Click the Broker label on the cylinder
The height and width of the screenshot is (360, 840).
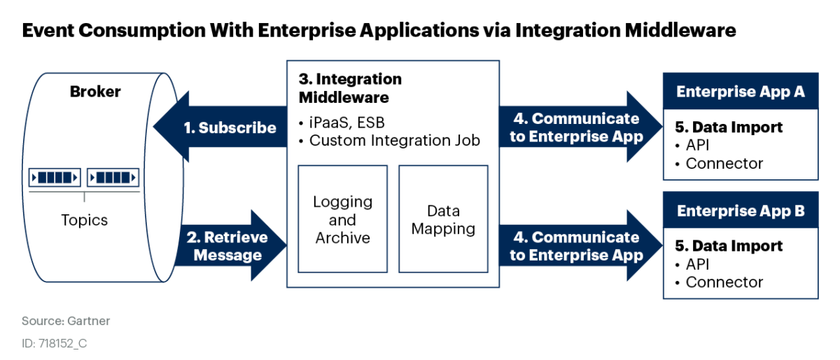tap(95, 92)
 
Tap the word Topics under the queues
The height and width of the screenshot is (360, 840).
tap(84, 220)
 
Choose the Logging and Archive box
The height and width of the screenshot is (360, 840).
tap(342, 219)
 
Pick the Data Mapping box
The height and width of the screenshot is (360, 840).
tap(443, 219)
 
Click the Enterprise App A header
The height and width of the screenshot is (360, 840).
tap(740, 92)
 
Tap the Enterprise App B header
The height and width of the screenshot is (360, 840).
tap(740, 211)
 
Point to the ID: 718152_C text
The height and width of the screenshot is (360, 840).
tap(55, 344)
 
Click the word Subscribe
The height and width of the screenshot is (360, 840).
tap(237, 128)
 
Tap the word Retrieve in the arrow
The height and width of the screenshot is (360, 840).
tap(236, 237)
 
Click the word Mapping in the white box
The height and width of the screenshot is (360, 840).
tap(443, 228)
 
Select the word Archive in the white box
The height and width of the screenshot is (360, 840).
tap(342, 238)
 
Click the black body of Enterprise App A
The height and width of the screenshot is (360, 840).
tap(740, 144)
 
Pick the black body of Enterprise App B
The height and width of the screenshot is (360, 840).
tap(740, 263)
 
